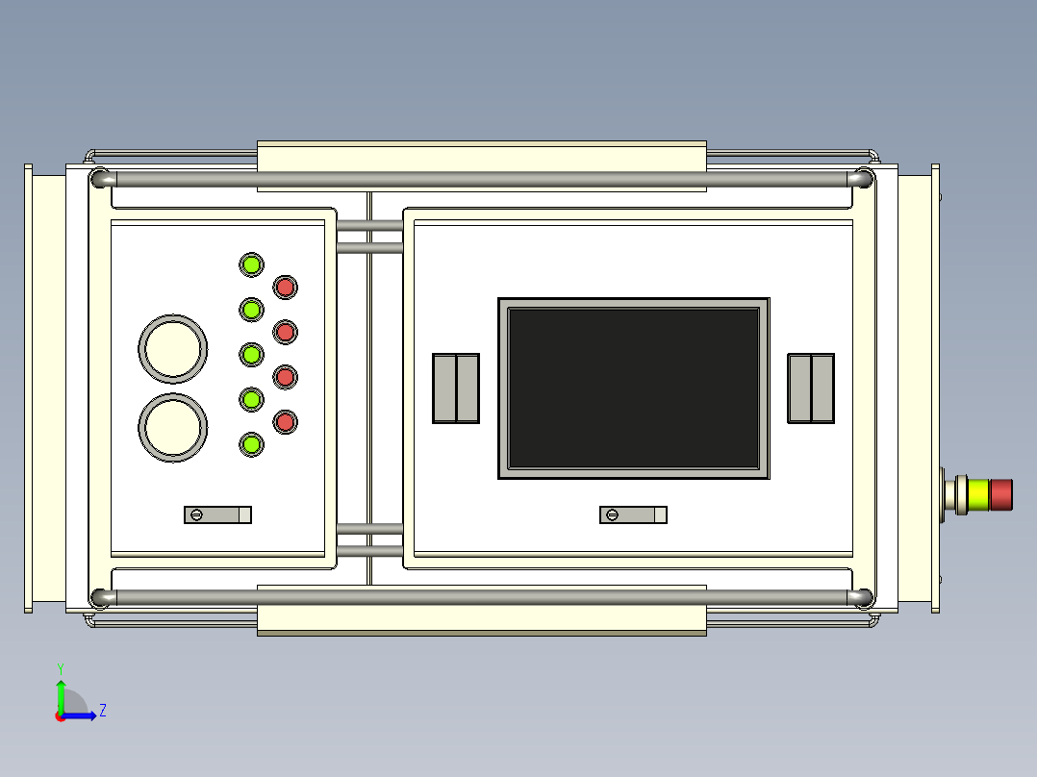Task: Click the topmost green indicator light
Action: tap(251, 265)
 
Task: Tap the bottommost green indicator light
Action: tap(251, 444)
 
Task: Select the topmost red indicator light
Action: tap(285, 287)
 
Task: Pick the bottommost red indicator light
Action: tap(285, 422)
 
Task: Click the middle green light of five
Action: tap(251, 355)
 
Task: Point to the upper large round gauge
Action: tap(172, 348)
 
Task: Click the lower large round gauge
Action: tap(172, 427)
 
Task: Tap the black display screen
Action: tap(634, 388)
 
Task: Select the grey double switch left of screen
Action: tap(456, 388)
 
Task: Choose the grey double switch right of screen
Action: tap(811, 388)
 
